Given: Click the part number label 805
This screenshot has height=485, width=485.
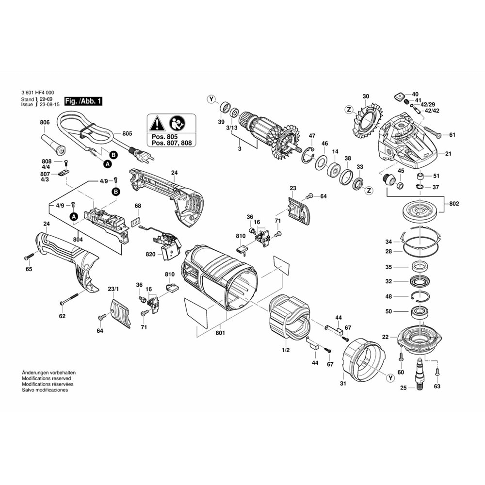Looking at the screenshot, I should point(127,133).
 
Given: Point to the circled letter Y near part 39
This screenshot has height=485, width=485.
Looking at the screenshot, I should point(211,99).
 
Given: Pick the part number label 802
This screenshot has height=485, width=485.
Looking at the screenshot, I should point(453,204).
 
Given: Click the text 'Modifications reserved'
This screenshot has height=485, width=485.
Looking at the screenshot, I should point(46,378).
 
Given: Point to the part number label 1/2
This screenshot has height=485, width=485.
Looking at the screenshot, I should point(286,350).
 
